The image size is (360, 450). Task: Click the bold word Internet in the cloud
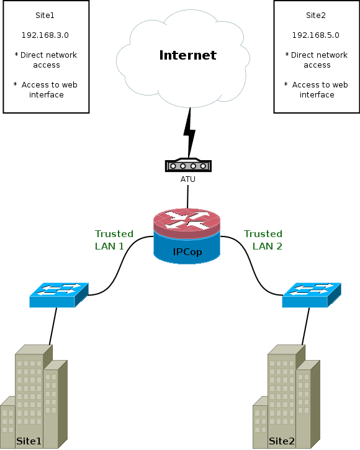pyautogui.click(x=187, y=55)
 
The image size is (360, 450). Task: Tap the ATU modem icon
pyautogui.click(x=188, y=165)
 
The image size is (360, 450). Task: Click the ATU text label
pyautogui.click(x=187, y=179)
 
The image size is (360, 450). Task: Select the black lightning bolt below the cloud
pyautogui.click(x=189, y=133)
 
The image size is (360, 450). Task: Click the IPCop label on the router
pyautogui.click(x=187, y=252)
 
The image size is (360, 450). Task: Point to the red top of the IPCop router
pyautogui.click(x=187, y=220)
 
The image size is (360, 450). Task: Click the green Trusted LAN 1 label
pyautogui.click(x=114, y=240)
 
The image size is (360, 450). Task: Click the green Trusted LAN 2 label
pyautogui.click(x=263, y=240)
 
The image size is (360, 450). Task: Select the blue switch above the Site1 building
pyautogui.click(x=59, y=295)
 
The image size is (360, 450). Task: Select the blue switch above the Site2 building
pyautogui.click(x=312, y=295)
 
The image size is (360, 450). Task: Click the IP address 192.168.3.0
pyautogui.click(x=45, y=35)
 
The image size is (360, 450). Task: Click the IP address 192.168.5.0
pyautogui.click(x=315, y=35)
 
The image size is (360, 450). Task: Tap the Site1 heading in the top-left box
pyautogui.click(x=45, y=16)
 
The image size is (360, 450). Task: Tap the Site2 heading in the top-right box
pyautogui.click(x=316, y=16)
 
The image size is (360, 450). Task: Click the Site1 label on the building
pyautogui.click(x=29, y=441)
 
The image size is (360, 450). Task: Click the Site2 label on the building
pyautogui.click(x=282, y=441)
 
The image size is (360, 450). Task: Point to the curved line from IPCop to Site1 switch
pyautogui.click(x=120, y=266)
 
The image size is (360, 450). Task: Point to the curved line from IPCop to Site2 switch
pyautogui.click(x=252, y=266)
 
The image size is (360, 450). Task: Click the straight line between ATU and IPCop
pyautogui.click(x=187, y=197)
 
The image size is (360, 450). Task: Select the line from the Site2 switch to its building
pyautogui.click(x=306, y=326)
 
